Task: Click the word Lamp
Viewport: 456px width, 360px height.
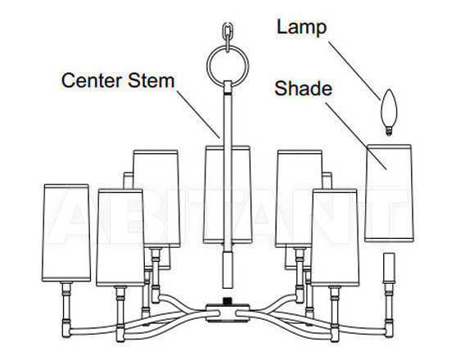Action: pos(301,28)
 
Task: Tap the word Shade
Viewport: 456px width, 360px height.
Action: pos(304,88)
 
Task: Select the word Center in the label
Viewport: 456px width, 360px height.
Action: pos(92,80)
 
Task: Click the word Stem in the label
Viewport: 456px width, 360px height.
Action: pos(151,80)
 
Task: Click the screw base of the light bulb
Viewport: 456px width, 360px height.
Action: pos(389,131)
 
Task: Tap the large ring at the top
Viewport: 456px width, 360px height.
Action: pos(208,67)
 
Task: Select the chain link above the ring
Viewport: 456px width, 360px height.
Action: pos(228,33)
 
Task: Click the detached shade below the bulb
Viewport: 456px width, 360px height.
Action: pos(389,193)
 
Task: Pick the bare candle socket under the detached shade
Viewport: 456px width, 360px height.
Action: pos(389,268)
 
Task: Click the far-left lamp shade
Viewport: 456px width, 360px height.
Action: pos(66,233)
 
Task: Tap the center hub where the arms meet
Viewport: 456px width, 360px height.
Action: pos(228,313)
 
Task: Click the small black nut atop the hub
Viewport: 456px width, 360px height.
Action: pos(228,301)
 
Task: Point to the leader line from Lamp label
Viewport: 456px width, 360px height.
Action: pos(354,71)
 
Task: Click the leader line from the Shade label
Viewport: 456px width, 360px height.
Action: pos(356,136)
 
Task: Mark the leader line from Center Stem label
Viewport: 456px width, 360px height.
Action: pos(198,115)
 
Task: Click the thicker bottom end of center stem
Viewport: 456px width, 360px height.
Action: pos(228,270)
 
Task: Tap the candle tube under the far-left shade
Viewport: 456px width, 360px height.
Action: pos(66,309)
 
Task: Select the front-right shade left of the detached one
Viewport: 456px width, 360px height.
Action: pos(335,237)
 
